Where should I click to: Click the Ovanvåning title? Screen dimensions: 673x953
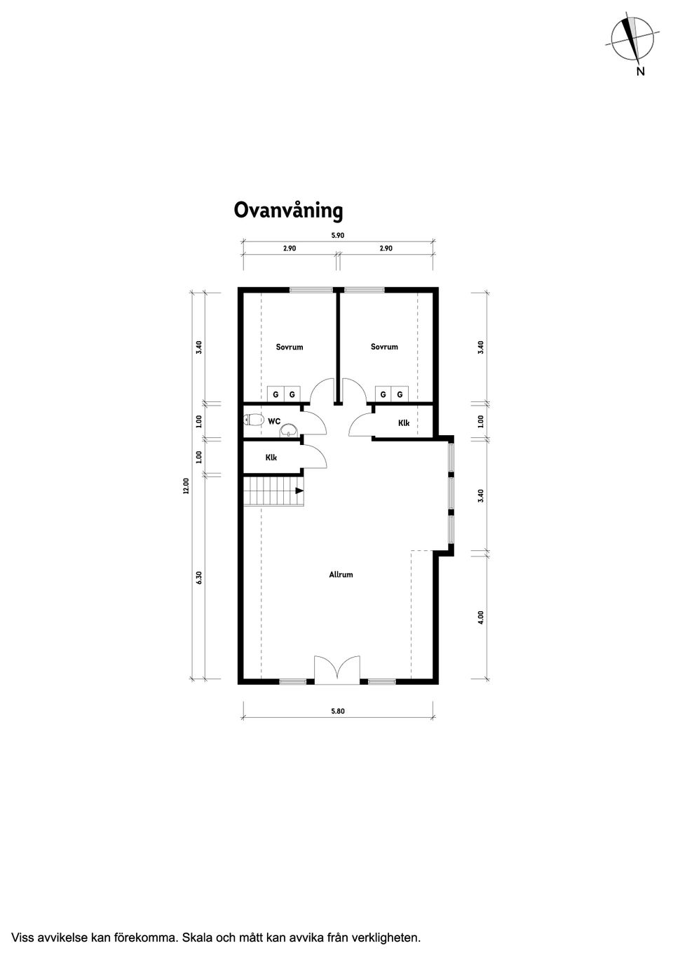pos(289,211)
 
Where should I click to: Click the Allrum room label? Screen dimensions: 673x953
pos(341,574)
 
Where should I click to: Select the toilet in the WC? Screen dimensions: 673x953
pos(253,420)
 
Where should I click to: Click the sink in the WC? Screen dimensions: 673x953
pos(290,430)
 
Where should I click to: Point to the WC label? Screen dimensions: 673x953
pos(274,421)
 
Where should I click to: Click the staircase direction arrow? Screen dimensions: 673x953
pos(299,491)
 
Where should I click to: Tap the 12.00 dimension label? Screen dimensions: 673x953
pos(185,486)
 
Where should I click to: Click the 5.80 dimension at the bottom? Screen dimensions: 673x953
pos(337,711)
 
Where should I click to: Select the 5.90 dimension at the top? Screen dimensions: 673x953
pos(337,235)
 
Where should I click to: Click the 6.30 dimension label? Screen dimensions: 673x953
pos(199,578)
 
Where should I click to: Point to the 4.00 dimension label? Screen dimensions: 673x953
pos(480,618)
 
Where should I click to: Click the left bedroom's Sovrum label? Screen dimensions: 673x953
pos(290,347)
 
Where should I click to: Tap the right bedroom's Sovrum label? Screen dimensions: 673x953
pos(384,347)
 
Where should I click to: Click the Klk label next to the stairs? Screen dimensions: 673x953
pos(271,458)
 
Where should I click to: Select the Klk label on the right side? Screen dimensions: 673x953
pos(404,423)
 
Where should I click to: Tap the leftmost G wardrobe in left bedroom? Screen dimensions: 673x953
pos(276,394)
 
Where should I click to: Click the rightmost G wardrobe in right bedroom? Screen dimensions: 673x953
pos(400,394)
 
